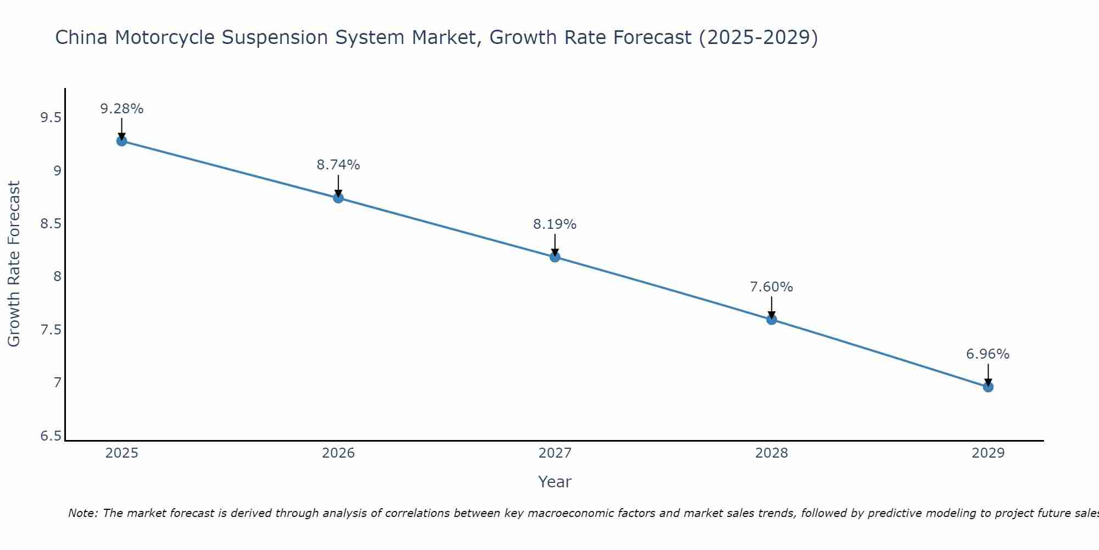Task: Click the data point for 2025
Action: coord(121,141)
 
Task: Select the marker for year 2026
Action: coord(338,198)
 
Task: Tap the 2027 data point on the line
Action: coord(555,257)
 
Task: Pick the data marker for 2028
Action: coord(771,320)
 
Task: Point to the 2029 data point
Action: coord(988,387)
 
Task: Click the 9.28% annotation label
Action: coord(121,109)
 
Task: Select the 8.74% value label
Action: coord(338,165)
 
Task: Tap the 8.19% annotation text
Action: coord(555,224)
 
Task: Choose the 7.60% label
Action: coord(771,287)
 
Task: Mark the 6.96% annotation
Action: coord(988,354)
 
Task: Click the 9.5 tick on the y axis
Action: coord(51,118)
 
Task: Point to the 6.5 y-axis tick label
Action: coord(51,436)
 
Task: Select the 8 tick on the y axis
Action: coord(57,277)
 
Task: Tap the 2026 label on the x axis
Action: coord(338,453)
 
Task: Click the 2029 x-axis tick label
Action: coord(988,453)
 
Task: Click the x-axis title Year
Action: coord(555,482)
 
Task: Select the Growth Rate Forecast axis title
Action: coord(14,264)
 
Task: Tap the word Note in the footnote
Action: coord(82,513)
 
